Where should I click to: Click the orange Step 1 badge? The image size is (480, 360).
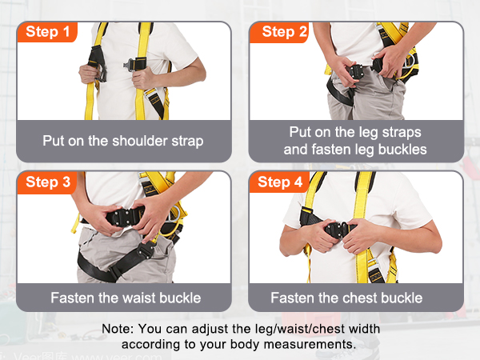(x=46, y=32)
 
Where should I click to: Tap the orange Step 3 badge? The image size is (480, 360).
(x=46, y=182)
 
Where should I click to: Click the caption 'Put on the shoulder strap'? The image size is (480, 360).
(x=123, y=141)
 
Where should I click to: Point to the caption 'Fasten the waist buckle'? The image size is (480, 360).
(x=126, y=298)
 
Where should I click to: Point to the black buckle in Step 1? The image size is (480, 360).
(x=139, y=62)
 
